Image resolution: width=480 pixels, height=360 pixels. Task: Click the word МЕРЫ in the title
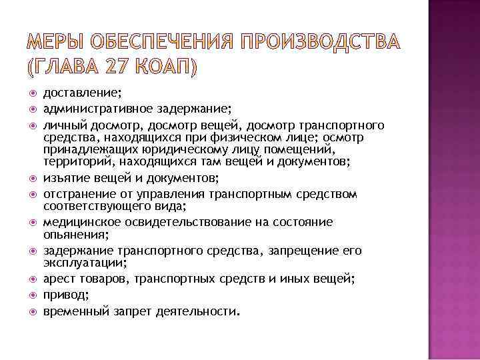tap(54, 43)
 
